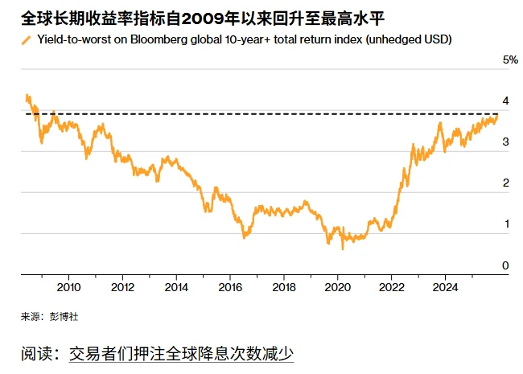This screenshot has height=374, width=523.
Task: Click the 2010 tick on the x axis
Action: [x=68, y=287]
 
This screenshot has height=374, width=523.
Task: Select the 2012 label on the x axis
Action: [x=122, y=287]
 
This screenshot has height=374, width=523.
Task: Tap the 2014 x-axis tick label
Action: [x=176, y=287]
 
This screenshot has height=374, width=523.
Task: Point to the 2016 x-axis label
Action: [x=230, y=287]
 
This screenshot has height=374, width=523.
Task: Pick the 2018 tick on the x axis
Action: [x=284, y=287]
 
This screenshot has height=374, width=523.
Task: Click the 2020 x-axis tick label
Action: [x=338, y=287]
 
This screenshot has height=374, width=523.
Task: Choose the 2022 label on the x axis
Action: [x=392, y=287]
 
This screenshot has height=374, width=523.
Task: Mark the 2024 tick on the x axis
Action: [x=446, y=287]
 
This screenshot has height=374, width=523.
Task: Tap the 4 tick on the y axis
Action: [x=505, y=101]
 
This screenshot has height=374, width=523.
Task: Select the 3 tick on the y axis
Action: [x=505, y=142]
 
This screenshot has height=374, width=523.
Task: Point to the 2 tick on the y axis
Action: [x=505, y=183]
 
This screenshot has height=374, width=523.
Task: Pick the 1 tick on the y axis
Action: [x=505, y=224]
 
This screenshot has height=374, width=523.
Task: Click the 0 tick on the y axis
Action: [x=505, y=265]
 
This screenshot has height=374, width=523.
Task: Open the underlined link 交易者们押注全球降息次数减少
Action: [x=181, y=353]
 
